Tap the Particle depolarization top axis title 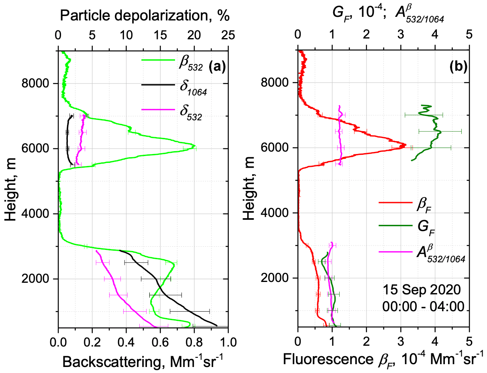click(145, 16)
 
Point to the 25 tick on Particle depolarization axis click(228, 36)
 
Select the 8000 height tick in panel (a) click(39, 84)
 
